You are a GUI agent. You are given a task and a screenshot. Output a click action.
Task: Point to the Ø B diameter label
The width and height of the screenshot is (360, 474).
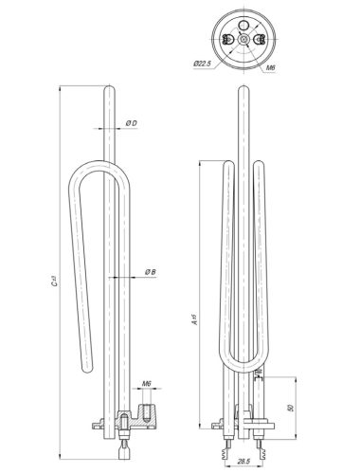pos(150,272)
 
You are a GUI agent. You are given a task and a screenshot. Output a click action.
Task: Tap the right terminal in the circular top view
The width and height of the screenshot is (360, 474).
pos(260,38)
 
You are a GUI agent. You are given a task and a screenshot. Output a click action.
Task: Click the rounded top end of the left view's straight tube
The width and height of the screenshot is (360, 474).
pos(110,88)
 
